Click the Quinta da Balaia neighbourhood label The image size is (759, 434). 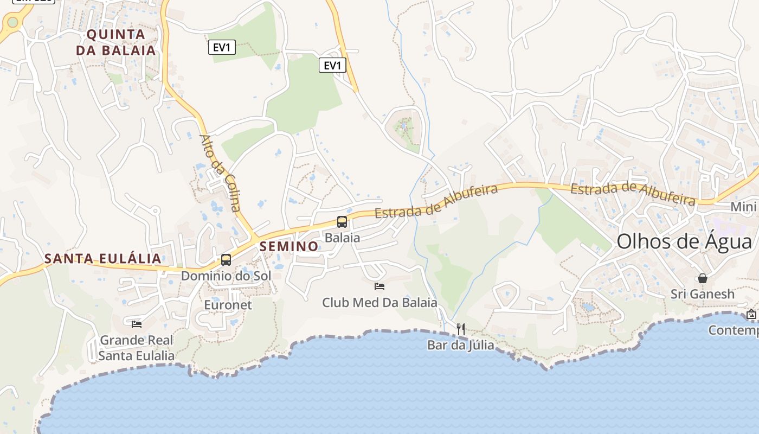[x=115, y=42]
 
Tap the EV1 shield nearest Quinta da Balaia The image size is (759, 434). [x=222, y=48]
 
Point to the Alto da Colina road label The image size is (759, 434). [x=220, y=172]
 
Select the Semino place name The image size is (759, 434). [x=289, y=246]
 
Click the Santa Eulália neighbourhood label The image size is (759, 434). [x=103, y=258]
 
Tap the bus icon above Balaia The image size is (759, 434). [x=342, y=221]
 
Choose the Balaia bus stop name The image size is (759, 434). [x=342, y=238]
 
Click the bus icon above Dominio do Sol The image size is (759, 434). [x=226, y=259]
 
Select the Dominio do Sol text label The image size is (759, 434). [x=226, y=276]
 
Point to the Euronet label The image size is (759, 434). [x=228, y=305]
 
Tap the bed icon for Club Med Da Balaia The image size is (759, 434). [x=379, y=286]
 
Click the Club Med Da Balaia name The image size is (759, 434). [x=379, y=302]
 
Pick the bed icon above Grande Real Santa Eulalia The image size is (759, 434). [x=137, y=324]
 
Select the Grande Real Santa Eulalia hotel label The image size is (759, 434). [x=137, y=348]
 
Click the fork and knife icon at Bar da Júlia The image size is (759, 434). [x=461, y=329]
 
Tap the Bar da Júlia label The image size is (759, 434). [x=461, y=344]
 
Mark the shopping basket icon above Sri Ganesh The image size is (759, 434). [x=703, y=278]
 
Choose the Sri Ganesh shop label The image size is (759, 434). [x=703, y=294]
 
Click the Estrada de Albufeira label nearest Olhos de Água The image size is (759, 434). [x=633, y=194]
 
